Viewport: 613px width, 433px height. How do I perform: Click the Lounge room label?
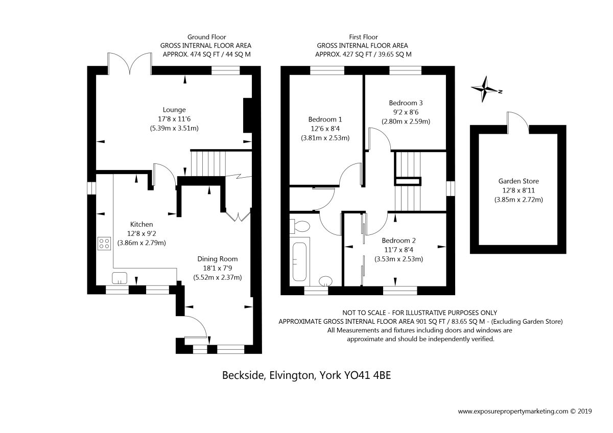174,110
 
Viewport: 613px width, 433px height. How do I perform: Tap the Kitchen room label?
142,224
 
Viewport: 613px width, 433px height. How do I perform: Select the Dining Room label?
218,259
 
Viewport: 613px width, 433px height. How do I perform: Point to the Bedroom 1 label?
325,119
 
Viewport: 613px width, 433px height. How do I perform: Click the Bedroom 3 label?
406,103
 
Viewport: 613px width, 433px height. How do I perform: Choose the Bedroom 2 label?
399,240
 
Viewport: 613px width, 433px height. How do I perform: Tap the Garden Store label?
518,181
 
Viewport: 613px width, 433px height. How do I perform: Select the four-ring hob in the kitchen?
104,244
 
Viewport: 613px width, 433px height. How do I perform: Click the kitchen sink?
120,278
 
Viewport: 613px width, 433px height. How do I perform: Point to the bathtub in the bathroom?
299,262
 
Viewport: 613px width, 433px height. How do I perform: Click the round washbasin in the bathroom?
326,281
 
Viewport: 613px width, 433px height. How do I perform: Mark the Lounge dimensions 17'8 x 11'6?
174,119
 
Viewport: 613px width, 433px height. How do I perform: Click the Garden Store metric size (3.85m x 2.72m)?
518,200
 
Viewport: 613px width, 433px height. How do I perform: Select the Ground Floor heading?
206,37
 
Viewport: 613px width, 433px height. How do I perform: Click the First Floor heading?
363,37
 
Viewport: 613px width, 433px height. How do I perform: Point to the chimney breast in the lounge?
248,115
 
